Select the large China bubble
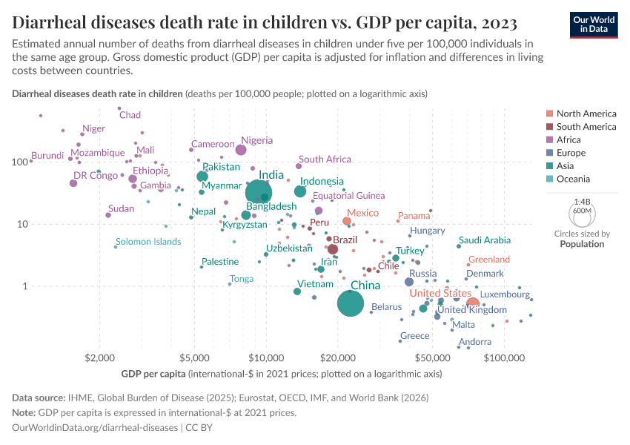[x=351, y=303]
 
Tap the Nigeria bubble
[x=241, y=150]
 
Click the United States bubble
[x=472, y=303]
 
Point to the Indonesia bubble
[x=300, y=191]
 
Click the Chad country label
[x=130, y=115]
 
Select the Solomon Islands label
[x=148, y=242]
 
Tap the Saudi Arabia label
[x=485, y=240]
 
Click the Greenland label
[x=489, y=260]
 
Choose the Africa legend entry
[x=569, y=139]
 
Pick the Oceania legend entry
[x=573, y=179]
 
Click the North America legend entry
[x=586, y=113]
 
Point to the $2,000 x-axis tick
[x=98, y=357]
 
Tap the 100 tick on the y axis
[x=16, y=161]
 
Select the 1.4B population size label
[x=582, y=201]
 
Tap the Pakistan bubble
[x=202, y=177]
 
